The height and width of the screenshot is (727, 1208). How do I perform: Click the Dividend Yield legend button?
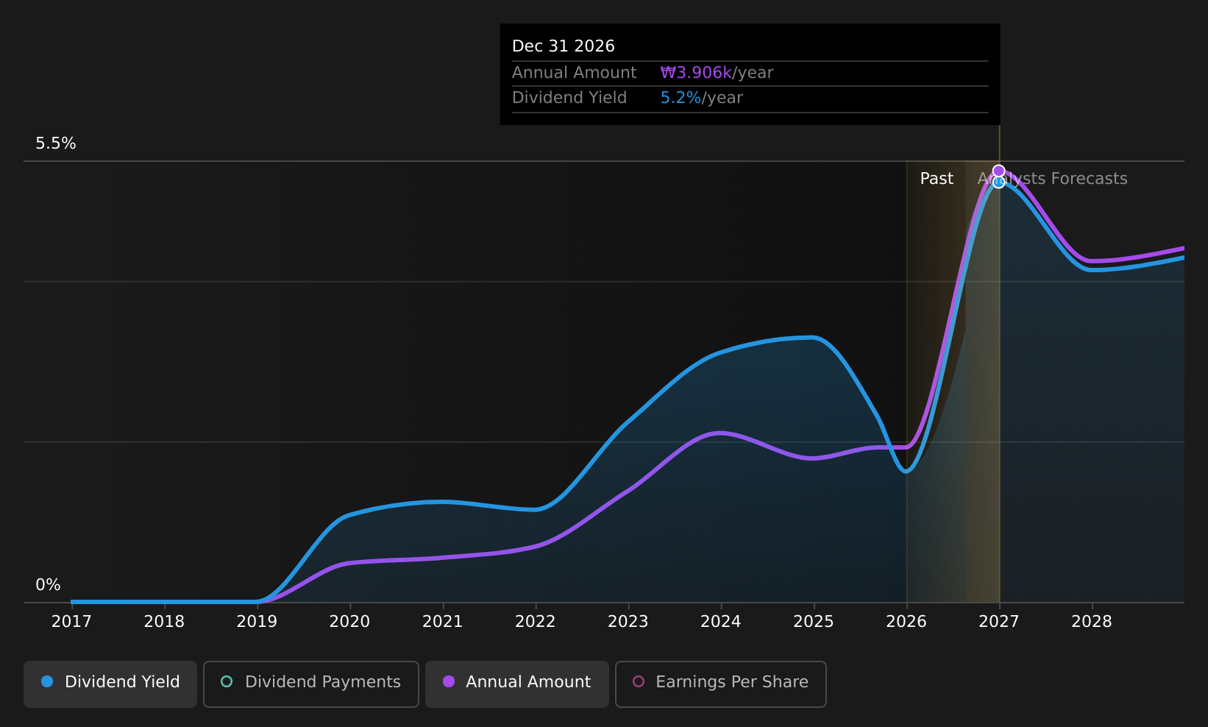pyautogui.click(x=110, y=684)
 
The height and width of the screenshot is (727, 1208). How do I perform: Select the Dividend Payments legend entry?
pyautogui.click(x=310, y=684)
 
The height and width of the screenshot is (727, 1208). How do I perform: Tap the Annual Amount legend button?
pyautogui.click(x=516, y=684)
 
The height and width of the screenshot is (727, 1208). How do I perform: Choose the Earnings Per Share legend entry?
pyautogui.click(x=720, y=684)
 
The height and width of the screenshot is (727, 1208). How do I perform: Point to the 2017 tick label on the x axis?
pyautogui.click(x=71, y=622)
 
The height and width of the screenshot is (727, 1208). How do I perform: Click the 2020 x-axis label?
pyautogui.click(x=350, y=622)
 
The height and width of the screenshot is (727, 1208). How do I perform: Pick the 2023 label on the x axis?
pyautogui.click(x=628, y=622)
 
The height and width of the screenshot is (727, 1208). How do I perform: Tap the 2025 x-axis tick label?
pyautogui.click(x=814, y=622)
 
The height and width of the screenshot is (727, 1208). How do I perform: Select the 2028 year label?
pyautogui.click(x=1092, y=622)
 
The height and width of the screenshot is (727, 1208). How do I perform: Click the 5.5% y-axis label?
pyautogui.click(x=56, y=143)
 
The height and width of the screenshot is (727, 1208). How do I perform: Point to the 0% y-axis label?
pyautogui.click(x=48, y=585)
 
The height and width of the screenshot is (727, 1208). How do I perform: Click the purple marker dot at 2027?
pyautogui.click(x=999, y=171)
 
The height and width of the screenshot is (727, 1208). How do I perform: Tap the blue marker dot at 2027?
pyautogui.click(x=999, y=182)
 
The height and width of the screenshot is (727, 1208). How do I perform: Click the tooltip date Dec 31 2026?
pyautogui.click(x=563, y=46)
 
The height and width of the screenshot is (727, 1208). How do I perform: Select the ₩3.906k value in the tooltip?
pyautogui.click(x=696, y=73)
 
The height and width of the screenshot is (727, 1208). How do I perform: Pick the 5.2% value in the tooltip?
pyautogui.click(x=681, y=98)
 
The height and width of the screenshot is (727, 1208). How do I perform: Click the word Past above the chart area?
pyautogui.click(x=937, y=179)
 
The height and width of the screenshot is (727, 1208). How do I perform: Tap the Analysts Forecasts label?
pyautogui.click(x=1052, y=179)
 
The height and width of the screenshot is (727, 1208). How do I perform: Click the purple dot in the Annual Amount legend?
pyautogui.click(x=449, y=681)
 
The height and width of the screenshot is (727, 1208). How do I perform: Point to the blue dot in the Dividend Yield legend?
pyautogui.click(x=48, y=681)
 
